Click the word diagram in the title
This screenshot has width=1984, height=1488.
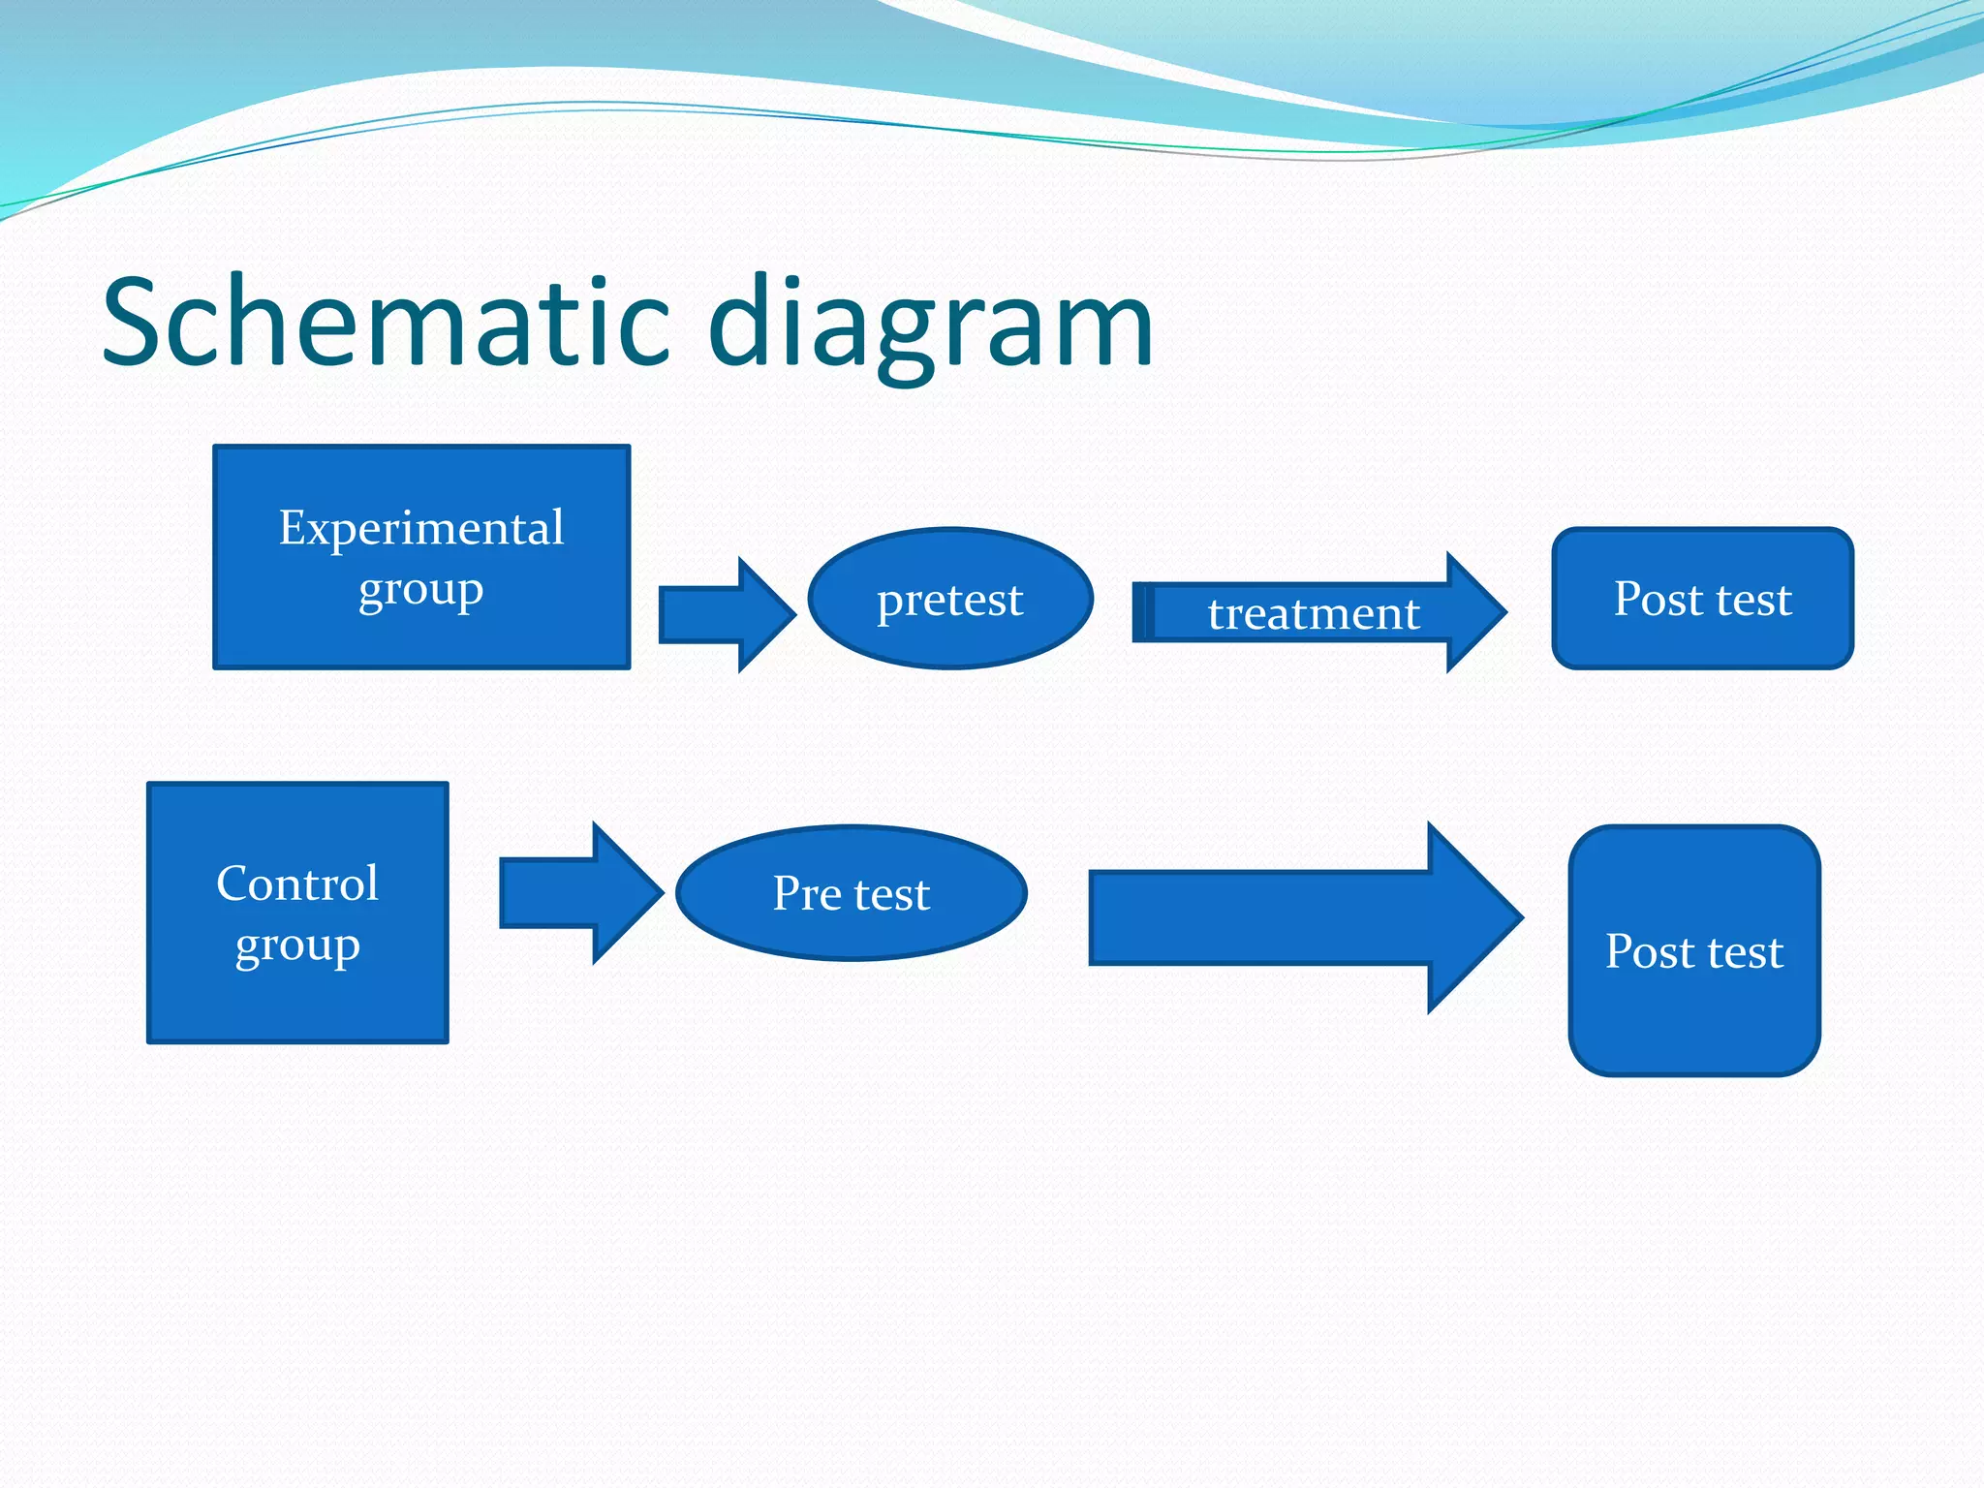tap(930, 325)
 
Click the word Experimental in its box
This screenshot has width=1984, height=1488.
tap(421, 528)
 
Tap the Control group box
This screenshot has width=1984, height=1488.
tap(297, 1007)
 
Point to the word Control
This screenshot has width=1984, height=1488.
tap(297, 883)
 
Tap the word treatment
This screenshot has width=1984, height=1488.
tap(1313, 613)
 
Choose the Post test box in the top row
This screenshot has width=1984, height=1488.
tap(1702, 639)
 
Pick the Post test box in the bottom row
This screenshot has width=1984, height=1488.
tap(1694, 1017)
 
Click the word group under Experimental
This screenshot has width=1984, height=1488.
tap(420, 589)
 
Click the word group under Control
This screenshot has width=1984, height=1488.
tap(297, 945)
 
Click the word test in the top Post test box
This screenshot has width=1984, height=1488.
tap(1753, 599)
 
